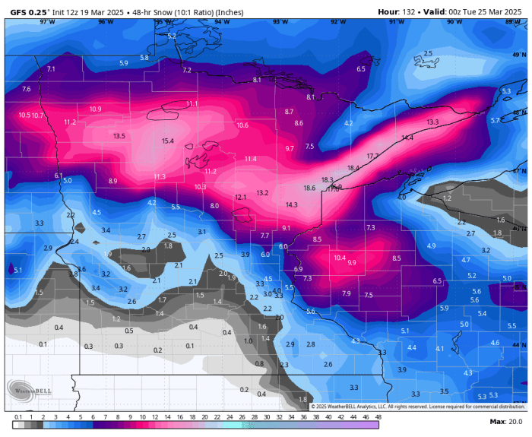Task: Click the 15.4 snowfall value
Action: pos(168,141)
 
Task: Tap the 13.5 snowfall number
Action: pos(119,136)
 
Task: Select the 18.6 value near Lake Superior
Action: pos(309,188)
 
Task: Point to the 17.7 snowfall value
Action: pos(372,156)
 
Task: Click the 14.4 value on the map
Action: pos(407,138)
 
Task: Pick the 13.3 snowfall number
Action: pos(432,122)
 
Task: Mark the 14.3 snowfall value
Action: pos(292,205)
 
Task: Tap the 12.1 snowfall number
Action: pos(240,197)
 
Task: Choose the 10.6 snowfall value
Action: pos(242,125)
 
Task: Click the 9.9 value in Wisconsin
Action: pos(352,262)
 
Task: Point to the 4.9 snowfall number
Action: pos(431,246)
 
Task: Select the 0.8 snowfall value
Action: pos(259,363)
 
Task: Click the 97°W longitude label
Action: pos(47,22)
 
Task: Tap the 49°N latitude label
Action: pos(519,55)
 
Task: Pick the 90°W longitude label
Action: pos(454,22)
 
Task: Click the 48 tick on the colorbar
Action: pos(378,417)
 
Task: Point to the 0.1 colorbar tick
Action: pos(17,417)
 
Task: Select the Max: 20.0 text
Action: pos(505,421)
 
